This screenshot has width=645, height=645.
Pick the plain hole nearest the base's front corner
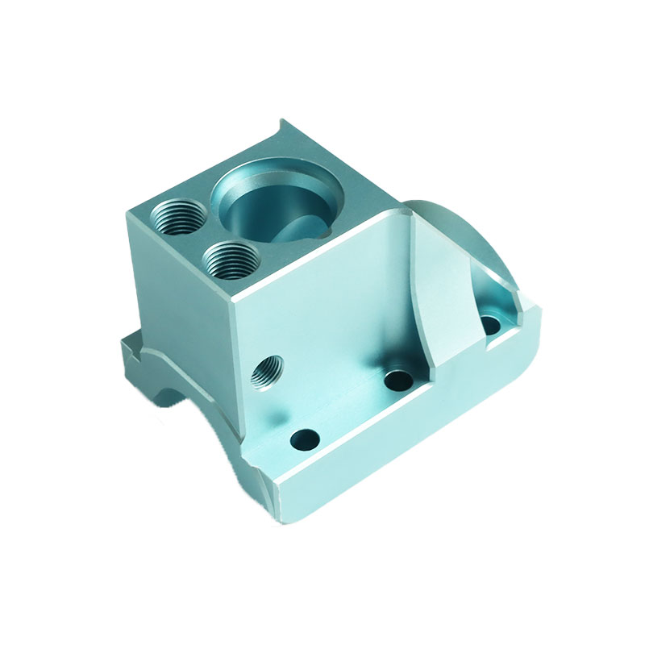pyautogui.click(x=305, y=440)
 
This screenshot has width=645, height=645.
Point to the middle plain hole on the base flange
pyautogui.click(x=397, y=379)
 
